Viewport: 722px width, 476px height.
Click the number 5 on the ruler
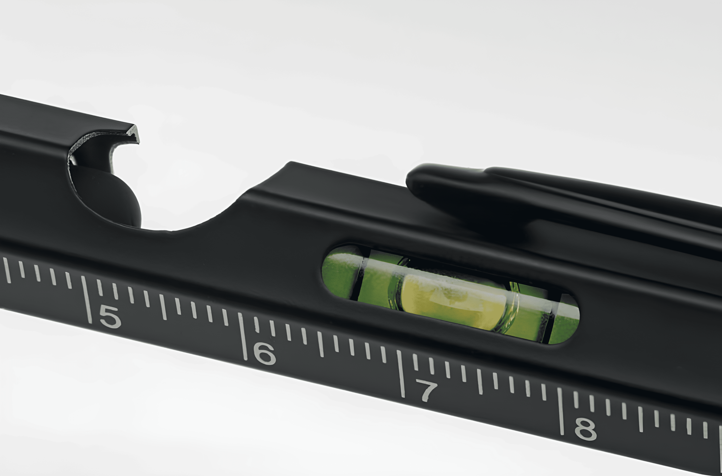[x=110, y=317]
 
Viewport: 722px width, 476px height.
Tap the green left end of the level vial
[x=339, y=272]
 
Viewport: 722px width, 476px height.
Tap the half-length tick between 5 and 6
[x=163, y=307]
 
